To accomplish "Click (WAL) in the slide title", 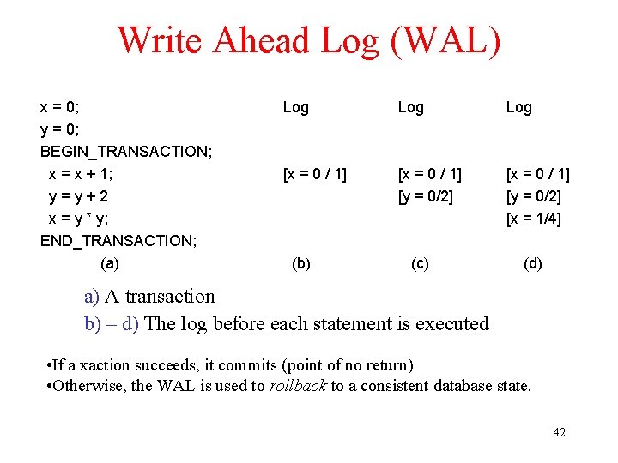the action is (x=445, y=40).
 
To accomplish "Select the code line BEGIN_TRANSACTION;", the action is (x=126, y=152).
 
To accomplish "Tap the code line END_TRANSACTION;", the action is (x=118, y=241).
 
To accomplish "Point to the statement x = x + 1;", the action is (x=81, y=174).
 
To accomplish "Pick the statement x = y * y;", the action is (x=78, y=219).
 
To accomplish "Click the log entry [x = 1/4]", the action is (x=534, y=219).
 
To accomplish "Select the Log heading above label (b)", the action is (x=296, y=107).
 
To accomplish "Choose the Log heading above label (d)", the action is (x=519, y=107).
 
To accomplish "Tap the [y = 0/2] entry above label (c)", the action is (x=426, y=196).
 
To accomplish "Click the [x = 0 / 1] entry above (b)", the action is (x=315, y=174).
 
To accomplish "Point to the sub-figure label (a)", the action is (x=110, y=263).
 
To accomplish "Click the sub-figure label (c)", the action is (x=420, y=263).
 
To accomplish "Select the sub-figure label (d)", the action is (x=533, y=263).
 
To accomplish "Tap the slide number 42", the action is (x=559, y=432).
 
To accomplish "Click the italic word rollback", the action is (x=298, y=386).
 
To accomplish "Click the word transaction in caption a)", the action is (x=170, y=297).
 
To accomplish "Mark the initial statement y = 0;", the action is (x=59, y=129).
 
